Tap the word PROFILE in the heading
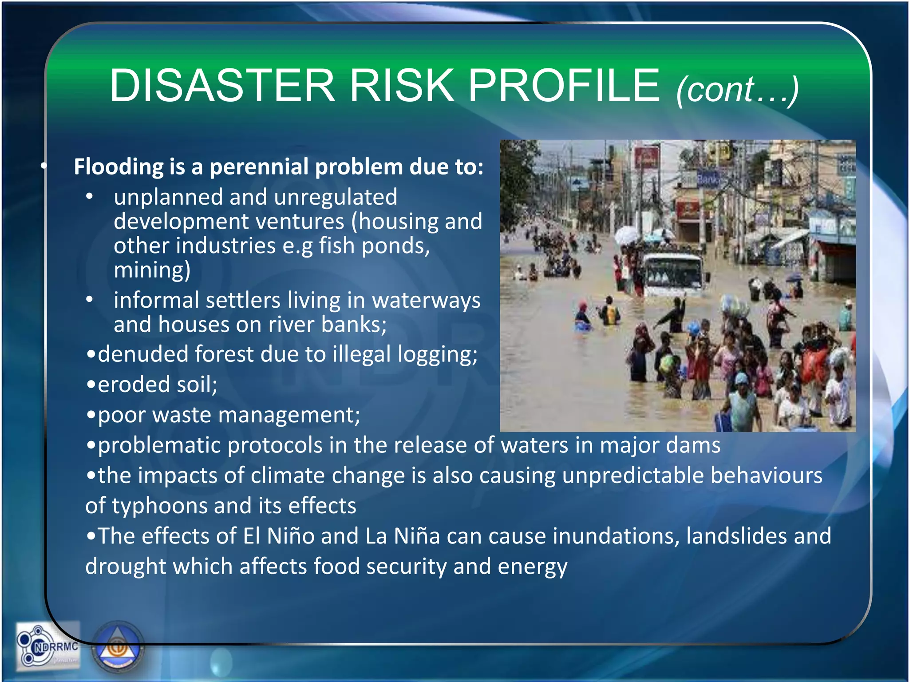tap(564, 85)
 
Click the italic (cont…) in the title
tap(737, 90)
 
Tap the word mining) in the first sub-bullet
tap(152, 270)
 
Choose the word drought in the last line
tap(126, 567)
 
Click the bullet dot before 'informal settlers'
tap(90, 300)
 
